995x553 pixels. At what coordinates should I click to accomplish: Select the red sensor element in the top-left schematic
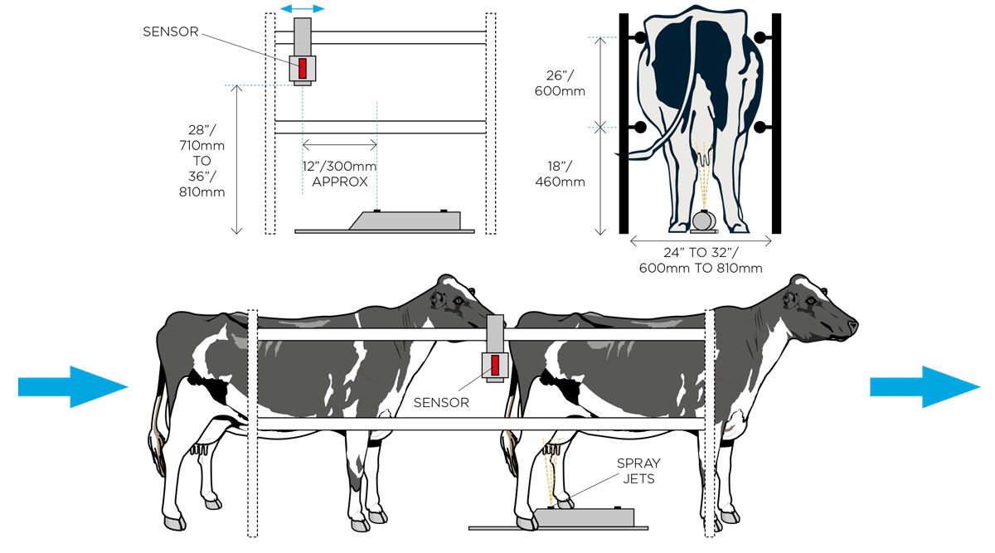coord(303,67)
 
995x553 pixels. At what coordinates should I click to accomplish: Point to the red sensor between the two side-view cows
coord(495,363)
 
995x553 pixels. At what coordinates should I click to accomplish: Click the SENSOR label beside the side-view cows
coord(441,403)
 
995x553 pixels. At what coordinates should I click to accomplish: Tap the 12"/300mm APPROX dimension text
coord(339,174)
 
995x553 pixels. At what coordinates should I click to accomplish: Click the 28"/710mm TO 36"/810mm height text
coord(202,160)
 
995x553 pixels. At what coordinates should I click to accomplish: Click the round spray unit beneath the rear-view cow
coord(703,221)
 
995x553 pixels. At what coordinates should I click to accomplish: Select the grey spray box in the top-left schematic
coord(406,220)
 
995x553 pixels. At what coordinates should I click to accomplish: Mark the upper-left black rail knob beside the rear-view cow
coord(640,37)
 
